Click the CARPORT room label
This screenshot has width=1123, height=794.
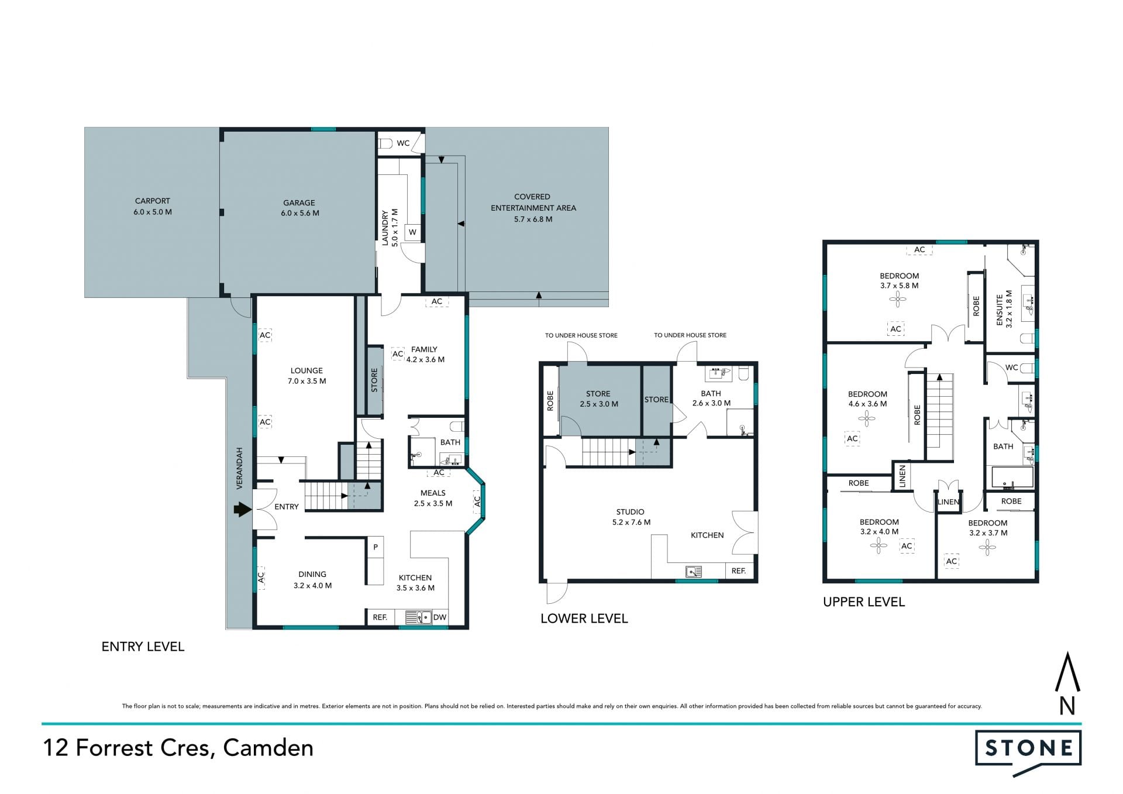[152, 201]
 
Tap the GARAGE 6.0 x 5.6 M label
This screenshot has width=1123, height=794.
[299, 208]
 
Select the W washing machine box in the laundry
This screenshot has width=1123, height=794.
[412, 232]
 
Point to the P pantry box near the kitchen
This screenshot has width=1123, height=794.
[376, 547]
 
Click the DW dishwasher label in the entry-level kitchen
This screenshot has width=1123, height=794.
[440, 617]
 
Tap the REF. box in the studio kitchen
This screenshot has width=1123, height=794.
[739, 571]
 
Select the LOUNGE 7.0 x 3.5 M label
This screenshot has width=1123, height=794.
[306, 376]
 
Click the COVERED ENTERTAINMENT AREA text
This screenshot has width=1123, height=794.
[533, 202]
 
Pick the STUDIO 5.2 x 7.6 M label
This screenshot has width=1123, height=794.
[631, 517]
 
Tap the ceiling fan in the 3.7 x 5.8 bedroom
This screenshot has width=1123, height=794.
[898, 300]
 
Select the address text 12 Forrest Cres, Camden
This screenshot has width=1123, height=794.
[178, 748]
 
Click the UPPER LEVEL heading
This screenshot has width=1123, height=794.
[864, 602]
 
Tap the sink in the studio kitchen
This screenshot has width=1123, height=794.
[694, 571]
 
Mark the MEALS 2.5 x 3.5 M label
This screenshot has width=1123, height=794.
[433, 498]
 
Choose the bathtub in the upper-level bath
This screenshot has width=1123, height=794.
[1012, 477]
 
